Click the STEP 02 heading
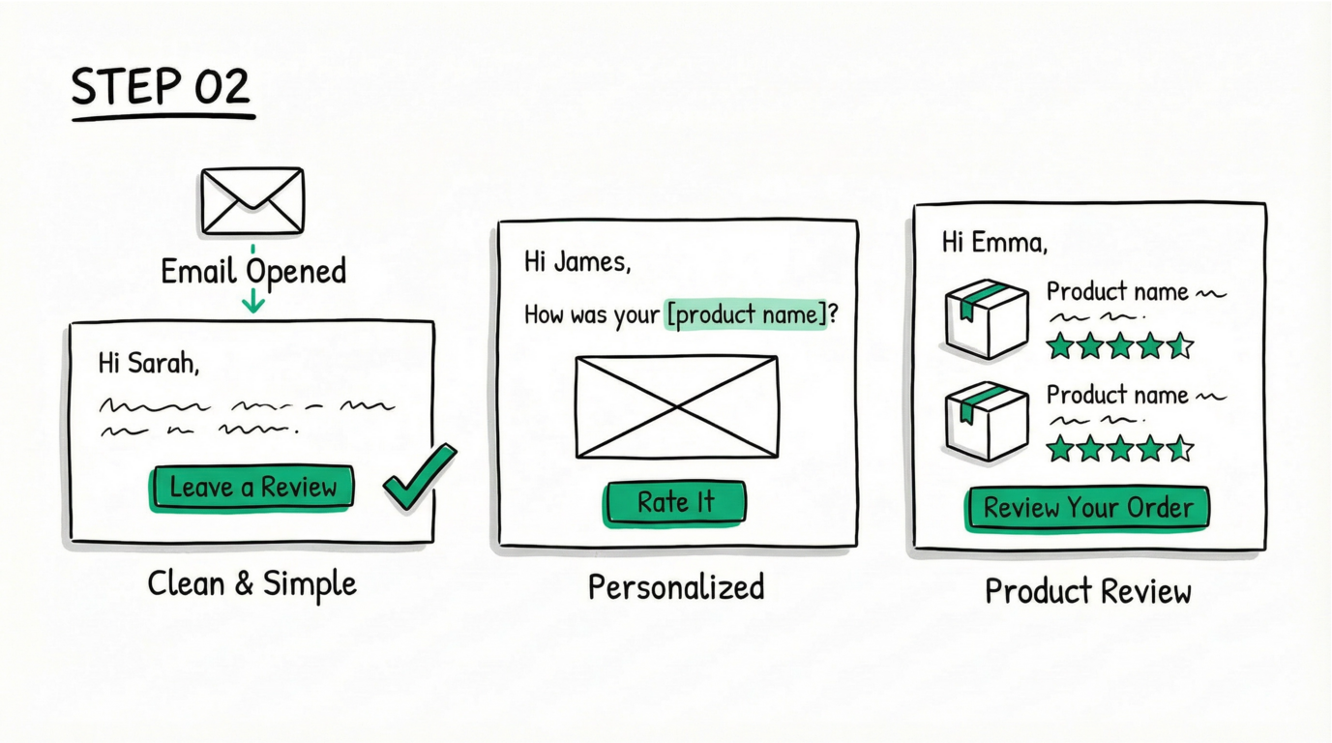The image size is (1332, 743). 161,88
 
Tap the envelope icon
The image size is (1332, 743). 252,201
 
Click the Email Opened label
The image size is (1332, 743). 252,271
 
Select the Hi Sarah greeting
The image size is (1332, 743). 148,364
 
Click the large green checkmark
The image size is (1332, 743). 419,477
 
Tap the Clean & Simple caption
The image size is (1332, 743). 252,584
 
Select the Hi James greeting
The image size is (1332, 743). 577,261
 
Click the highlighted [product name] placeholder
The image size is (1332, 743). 746,315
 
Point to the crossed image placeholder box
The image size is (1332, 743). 676,406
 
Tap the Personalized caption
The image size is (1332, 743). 675,587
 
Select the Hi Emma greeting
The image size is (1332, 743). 994,242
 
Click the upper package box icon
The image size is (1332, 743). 986,318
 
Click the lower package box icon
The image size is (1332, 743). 986,421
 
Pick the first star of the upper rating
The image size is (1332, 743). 1061,345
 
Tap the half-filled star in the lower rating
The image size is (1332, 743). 1180,448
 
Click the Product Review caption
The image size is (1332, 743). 1087,591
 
